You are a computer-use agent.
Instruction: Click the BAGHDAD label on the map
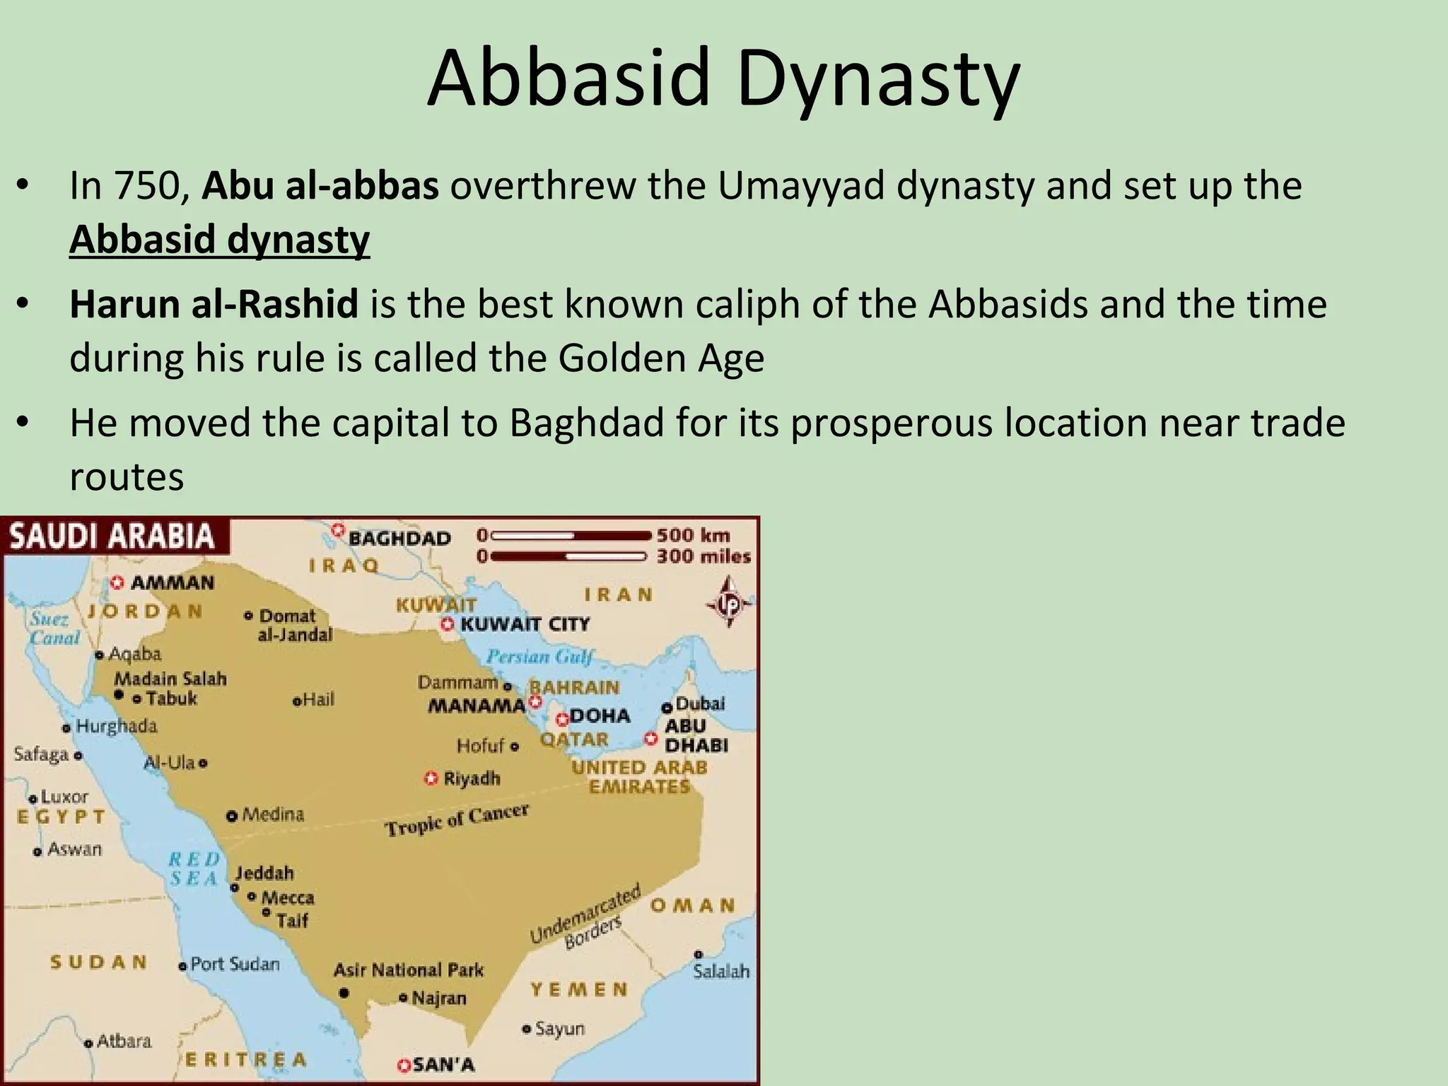click(x=399, y=539)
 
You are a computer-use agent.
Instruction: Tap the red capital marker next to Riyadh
click(x=431, y=778)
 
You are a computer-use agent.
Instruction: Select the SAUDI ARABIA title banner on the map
click(x=112, y=536)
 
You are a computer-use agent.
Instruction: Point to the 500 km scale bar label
click(x=693, y=535)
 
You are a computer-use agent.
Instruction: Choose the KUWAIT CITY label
click(x=525, y=624)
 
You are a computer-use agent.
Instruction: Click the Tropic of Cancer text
click(x=457, y=819)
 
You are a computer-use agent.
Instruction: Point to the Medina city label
click(x=273, y=814)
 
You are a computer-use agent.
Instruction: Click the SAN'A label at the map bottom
click(x=443, y=1065)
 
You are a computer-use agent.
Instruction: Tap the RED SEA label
click(x=194, y=869)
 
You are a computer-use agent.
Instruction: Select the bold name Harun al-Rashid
click(x=214, y=304)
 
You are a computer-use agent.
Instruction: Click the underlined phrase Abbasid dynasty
click(x=219, y=240)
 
